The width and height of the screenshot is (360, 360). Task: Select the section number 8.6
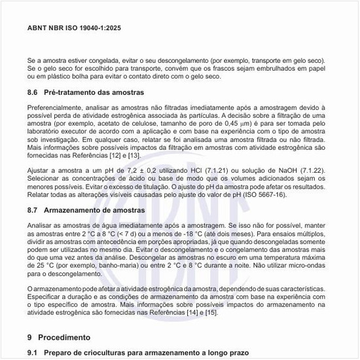pos(33,92)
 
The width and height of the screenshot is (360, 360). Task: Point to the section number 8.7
pos(33,211)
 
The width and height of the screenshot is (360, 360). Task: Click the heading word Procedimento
pos(64,338)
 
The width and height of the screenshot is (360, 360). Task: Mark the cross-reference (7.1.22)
pos(319,170)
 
